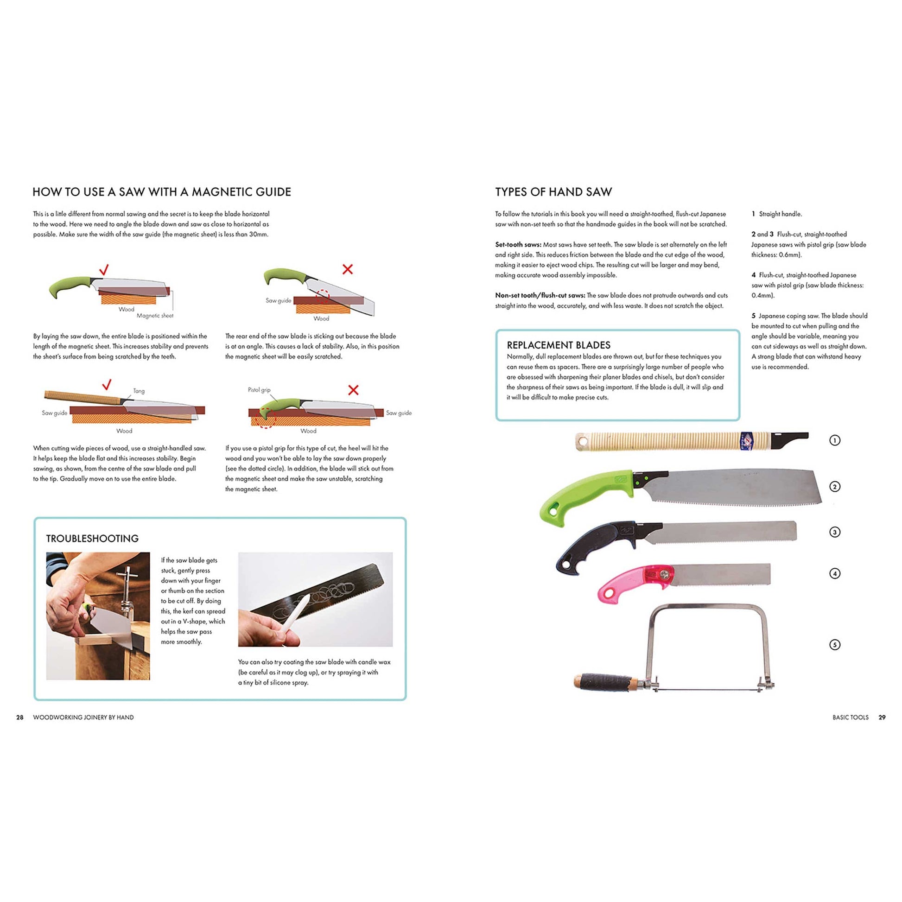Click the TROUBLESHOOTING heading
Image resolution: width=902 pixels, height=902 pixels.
click(x=92, y=538)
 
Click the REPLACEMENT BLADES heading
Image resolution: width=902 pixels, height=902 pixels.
click(x=559, y=345)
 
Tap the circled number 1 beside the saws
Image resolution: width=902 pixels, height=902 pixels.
click(x=835, y=440)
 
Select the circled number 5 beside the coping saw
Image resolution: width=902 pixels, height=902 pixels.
click(x=835, y=645)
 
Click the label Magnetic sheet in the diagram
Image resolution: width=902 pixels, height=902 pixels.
click(x=154, y=316)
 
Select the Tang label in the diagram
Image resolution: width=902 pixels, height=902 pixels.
click(x=139, y=391)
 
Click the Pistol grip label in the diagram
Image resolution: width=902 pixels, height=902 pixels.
click(x=259, y=390)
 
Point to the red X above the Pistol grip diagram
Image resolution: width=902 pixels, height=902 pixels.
click(x=353, y=390)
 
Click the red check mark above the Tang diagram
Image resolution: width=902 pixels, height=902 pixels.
click(x=107, y=385)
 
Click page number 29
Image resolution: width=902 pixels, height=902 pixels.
click(x=882, y=717)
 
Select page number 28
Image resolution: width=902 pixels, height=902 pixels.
click(x=19, y=717)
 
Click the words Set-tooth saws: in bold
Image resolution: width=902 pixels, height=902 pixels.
click(x=518, y=245)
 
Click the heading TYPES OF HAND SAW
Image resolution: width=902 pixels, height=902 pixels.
click(x=553, y=192)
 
